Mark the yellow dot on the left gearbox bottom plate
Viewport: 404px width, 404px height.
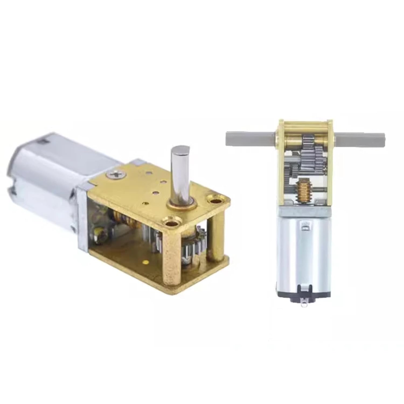[x=146, y=261]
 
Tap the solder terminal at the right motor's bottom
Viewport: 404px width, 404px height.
[x=304, y=304]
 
